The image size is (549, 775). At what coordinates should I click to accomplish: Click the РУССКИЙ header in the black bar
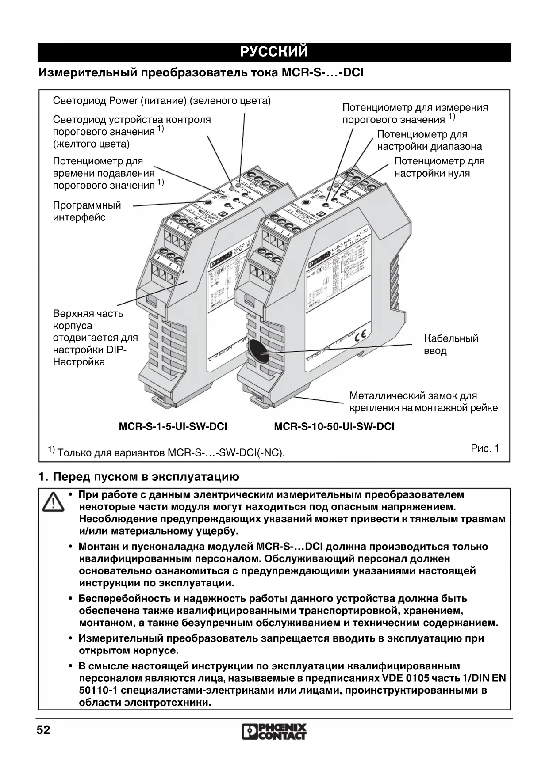click(274, 52)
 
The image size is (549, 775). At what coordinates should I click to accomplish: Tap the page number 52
click(43, 729)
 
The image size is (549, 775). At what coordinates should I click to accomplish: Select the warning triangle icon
click(53, 502)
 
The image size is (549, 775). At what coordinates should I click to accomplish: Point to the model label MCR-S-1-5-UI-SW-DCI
click(173, 427)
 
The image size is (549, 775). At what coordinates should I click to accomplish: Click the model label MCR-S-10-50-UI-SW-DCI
click(334, 427)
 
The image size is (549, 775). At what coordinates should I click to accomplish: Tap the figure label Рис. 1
click(485, 449)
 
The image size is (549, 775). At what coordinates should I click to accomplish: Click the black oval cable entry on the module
click(257, 351)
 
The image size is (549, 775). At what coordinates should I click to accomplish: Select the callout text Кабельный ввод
click(450, 345)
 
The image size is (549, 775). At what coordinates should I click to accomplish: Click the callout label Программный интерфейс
click(87, 211)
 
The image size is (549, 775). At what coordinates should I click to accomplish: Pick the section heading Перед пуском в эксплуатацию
click(146, 477)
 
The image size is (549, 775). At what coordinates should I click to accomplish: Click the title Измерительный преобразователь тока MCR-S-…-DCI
click(201, 72)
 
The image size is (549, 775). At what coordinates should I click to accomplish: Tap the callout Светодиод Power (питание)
click(161, 101)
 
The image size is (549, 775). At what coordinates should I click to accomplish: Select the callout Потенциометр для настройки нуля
click(439, 167)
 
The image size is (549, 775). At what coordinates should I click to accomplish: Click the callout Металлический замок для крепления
click(423, 402)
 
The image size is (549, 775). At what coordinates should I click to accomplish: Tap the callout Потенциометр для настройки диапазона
click(429, 141)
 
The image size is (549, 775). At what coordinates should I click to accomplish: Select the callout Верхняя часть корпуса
click(95, 338)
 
